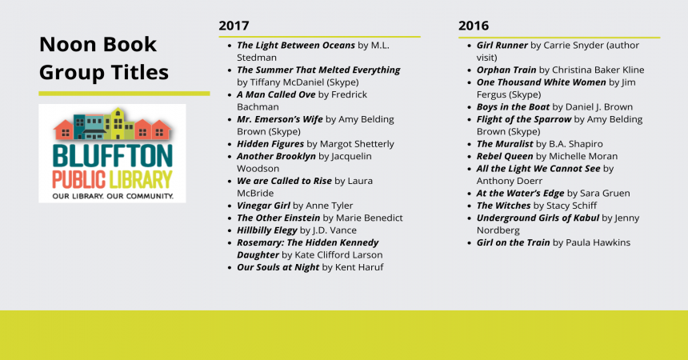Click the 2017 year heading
click(234, 26)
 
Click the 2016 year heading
click(474, 26)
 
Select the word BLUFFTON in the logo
click(112, 155)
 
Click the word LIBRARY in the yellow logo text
click(141, 180)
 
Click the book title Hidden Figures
click(270, 144)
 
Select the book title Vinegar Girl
click(263, 206)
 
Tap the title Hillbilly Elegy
click(266, 230)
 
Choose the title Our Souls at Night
click(278, 267)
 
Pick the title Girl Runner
click(502, 46)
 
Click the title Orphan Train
click(506, 70)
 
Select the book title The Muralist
click(505, 144)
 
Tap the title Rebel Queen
click(505, 156)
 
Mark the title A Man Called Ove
click(276, 94)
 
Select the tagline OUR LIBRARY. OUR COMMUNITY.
click(113, 196)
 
